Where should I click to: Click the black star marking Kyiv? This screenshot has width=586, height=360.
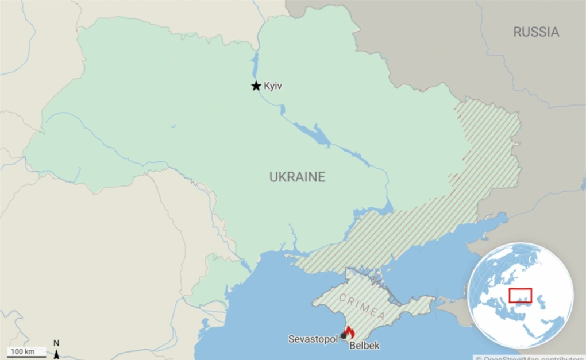256,86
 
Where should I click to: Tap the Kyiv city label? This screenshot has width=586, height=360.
273,86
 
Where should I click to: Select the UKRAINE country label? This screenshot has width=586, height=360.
297,177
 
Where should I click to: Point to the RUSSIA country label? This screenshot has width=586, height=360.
536,32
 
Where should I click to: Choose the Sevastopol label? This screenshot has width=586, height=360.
313,339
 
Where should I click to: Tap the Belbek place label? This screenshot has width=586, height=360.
364,346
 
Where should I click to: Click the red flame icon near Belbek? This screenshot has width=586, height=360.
349,332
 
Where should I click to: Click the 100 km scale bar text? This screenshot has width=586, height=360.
23,351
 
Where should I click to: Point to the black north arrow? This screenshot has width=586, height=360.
56,354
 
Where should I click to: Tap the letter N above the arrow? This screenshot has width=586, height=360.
56,343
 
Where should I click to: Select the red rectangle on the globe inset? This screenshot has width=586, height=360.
520,295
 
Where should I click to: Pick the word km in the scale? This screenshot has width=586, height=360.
29,351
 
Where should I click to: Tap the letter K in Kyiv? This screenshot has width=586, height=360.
267,86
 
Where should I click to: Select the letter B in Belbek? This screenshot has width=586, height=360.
352,346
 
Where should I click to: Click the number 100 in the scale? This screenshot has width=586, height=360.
17,351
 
